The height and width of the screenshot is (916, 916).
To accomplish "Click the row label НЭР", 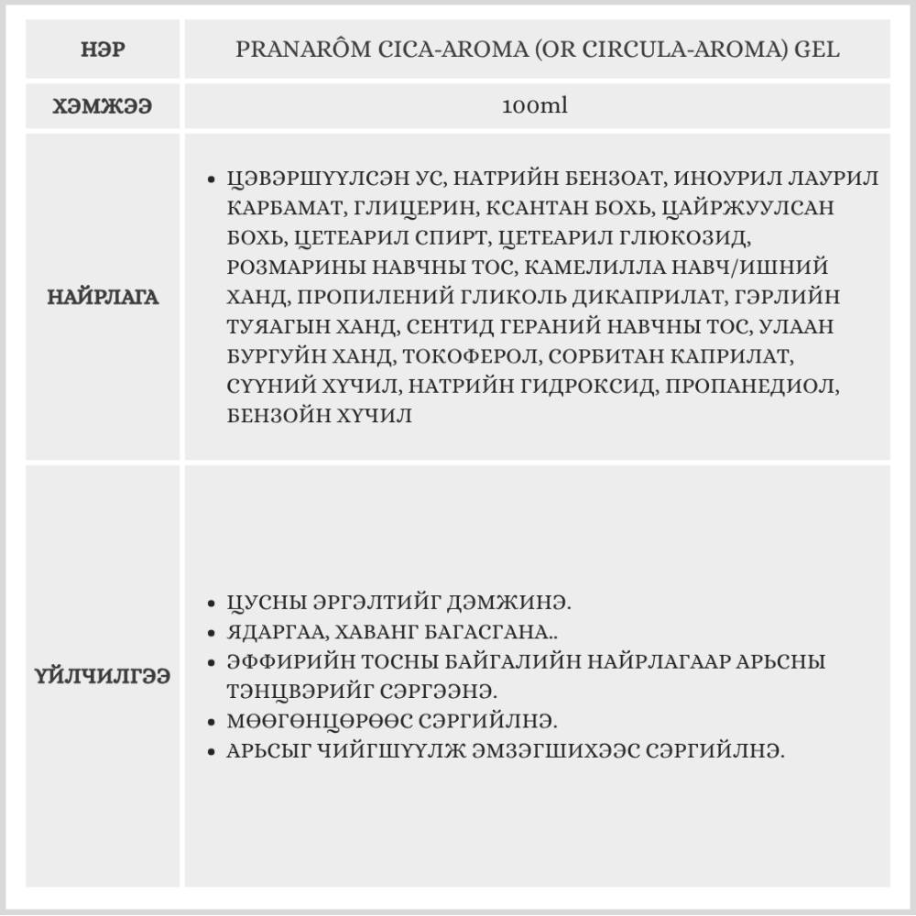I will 103,49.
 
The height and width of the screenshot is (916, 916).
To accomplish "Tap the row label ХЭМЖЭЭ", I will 103,106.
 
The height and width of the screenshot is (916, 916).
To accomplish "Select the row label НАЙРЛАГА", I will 103,297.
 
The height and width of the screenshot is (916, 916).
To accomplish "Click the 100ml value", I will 536,106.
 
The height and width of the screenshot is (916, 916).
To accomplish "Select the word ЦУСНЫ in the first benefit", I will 268,603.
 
